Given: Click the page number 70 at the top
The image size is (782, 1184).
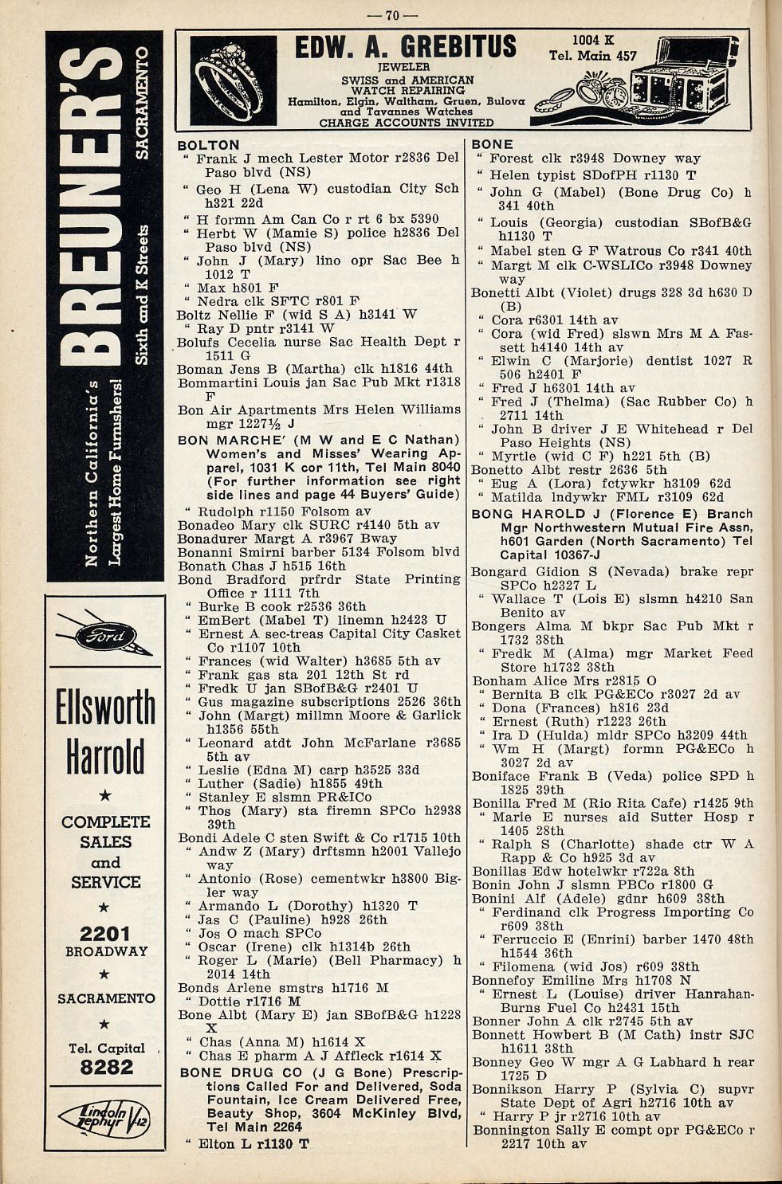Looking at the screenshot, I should pos(391,15).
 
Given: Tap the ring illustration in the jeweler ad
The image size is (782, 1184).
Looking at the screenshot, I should pos(234,80).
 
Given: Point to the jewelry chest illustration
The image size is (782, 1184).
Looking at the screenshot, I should pos(684,84).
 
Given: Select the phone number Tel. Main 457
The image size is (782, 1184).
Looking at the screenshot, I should pos(593,56).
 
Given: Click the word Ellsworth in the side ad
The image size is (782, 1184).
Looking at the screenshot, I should pos(105,708).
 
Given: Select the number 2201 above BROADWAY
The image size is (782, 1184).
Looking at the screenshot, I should pos(106,934).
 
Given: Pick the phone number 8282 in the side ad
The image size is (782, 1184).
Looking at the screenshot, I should pos(106,1067).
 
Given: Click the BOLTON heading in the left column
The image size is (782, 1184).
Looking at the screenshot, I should pos(208,145).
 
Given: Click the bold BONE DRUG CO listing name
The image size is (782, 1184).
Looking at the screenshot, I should pos(232,1072).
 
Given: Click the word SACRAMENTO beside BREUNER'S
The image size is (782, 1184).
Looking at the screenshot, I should pos(142,104).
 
